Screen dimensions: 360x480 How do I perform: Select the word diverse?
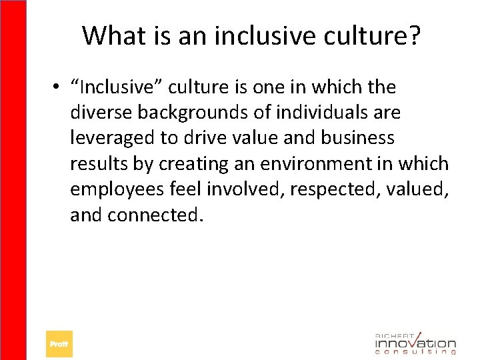101,113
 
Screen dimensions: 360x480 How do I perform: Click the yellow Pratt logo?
59,344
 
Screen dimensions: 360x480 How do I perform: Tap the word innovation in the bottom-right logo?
415,343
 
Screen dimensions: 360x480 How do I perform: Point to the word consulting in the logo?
415,352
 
